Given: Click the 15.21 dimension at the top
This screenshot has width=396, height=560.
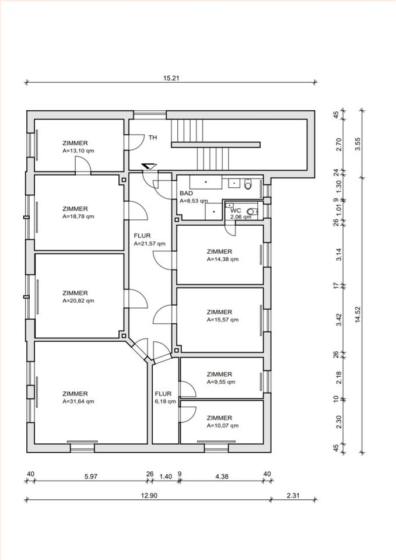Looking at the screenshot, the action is coord(171,77).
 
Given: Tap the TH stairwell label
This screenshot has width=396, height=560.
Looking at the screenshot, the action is coord(152,138).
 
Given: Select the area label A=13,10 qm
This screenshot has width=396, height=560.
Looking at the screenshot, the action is coord(78,150).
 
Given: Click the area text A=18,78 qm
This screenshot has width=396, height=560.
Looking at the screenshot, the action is coord(78,216).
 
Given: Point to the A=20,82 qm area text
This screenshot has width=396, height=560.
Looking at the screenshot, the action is coord(78,301).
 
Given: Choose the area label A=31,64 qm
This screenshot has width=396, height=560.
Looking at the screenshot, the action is coord(78,401).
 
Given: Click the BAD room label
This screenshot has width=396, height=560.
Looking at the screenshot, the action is coord(186,193).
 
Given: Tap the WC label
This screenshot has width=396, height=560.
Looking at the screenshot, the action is coord(236,210).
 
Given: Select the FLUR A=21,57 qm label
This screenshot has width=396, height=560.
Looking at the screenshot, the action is coord(149,244).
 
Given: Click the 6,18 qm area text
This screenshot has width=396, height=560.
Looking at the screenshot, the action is coord(165,401).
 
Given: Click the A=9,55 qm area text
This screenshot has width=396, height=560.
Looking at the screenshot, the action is coord(220,382).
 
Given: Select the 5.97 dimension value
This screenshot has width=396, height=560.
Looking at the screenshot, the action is coord(90,477).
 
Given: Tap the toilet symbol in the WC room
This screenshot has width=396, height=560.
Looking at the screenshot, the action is coord(251,211).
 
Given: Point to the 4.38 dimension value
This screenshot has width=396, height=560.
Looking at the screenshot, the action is coord(222,477).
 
